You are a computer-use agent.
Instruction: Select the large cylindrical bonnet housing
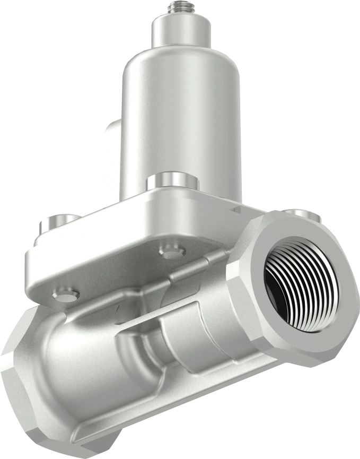tap(181, 117)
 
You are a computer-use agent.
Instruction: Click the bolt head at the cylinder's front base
tap(172, 181)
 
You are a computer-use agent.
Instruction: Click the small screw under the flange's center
tap(172, 253)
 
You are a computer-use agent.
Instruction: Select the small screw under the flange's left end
tap(67, 293)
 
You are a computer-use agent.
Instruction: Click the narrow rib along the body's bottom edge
tap(175, 419)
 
